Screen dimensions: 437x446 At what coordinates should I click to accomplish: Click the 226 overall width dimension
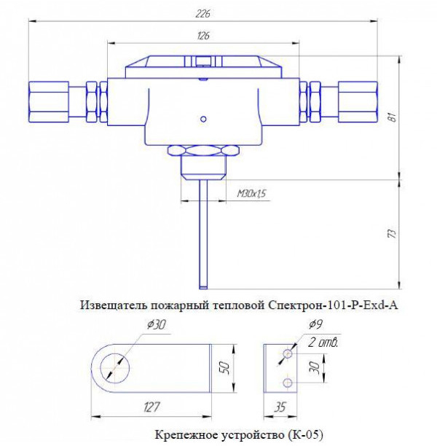pyautogui.click(x=203, y=14)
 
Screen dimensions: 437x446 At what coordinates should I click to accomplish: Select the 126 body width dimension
pyautogui.click(x=203, y=36)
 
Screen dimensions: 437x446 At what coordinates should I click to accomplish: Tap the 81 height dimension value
pyautogui.click(x=393, y=117)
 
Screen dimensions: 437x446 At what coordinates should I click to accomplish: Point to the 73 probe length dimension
pyautogui.click(x=393, y=233)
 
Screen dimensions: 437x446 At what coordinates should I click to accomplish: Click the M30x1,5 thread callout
pyautogui.click(x=251, y=194)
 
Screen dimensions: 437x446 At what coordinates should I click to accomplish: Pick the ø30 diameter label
pyautogui.click(x=157, y=324)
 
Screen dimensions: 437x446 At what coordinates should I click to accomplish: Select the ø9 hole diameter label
pyautogui.click(x=315, y=324)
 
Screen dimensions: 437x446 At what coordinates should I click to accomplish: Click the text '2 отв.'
pyautogui.click(x=323, y=343)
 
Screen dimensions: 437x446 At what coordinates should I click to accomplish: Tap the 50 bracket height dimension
pyautogui.click(x=225, y=368)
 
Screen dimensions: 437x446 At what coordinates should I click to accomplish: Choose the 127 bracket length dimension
pyautogui.click(x=151, y=407)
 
